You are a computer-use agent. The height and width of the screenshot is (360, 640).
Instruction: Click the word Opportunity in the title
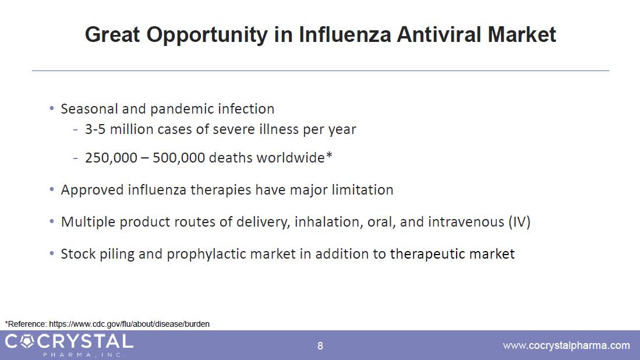(207, 35)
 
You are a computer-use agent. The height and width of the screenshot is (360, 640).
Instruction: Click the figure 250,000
(111, 158)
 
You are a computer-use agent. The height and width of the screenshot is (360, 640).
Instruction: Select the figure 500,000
(179, 158)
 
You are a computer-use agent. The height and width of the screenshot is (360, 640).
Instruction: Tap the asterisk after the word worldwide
(329, 156)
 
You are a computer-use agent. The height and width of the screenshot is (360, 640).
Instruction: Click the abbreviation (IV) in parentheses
(519, 222)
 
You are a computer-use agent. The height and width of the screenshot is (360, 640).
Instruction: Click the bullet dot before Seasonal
(51, 108)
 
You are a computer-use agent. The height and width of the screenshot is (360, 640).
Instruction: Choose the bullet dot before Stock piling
(51, 253)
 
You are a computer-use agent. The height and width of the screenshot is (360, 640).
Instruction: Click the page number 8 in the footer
(320, 346)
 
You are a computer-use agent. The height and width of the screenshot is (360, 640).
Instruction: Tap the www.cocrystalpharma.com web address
(567, 345)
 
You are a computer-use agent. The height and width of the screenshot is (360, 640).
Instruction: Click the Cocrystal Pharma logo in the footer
(69, 345)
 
